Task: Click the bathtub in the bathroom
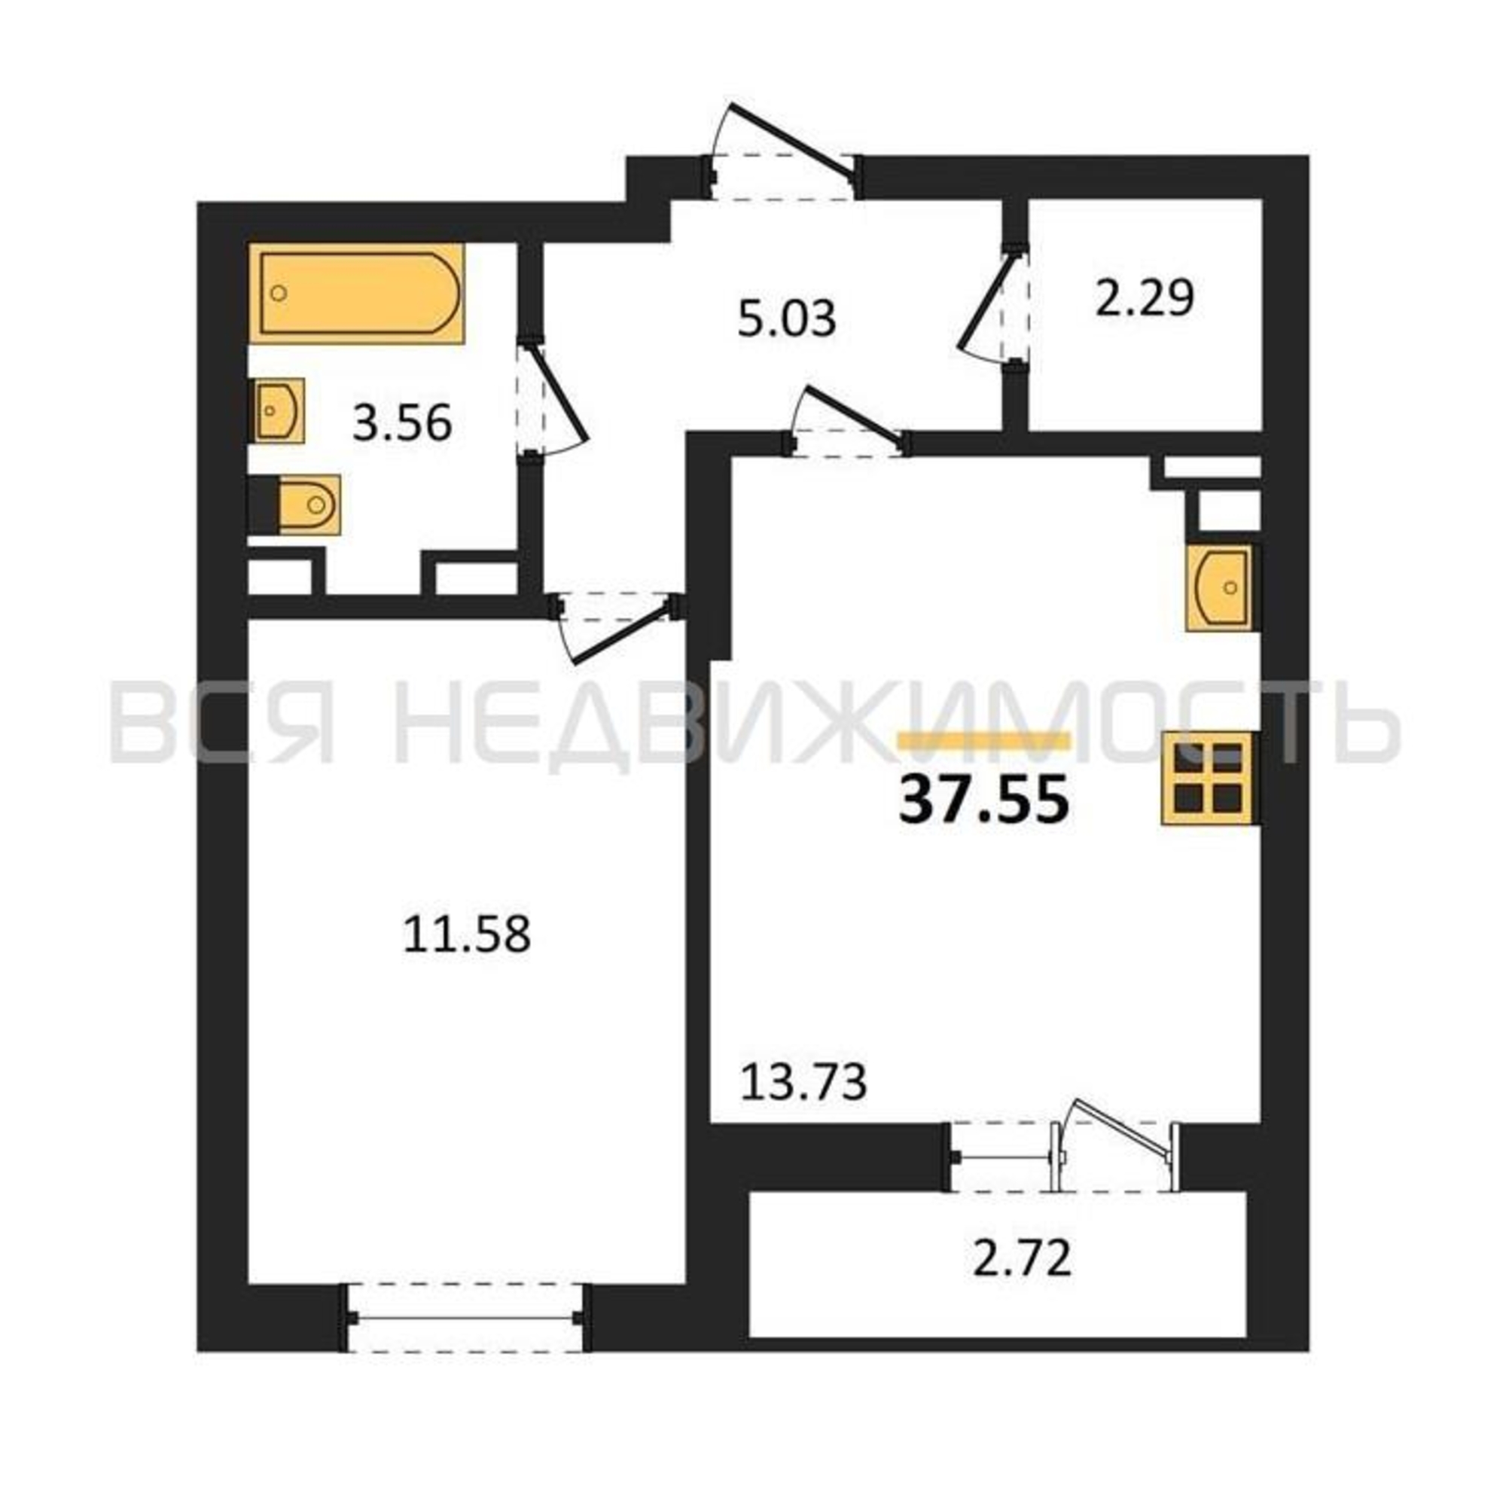click(x=356, y=293)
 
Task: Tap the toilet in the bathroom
click(x=309, y=505)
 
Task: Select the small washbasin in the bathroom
click(x=279, y=411)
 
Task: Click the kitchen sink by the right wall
click(x=1221, y=587)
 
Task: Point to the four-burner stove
click(x=1210, y=776)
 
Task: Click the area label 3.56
click(x=402, y=425)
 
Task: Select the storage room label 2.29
click(x=1145, y=298)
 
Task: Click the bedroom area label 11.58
click(x=467, y=934)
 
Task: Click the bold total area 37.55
click(x=983, y=801)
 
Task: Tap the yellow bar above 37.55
click(x=984, y=740)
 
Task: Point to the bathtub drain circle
click(x=279, y=293)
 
